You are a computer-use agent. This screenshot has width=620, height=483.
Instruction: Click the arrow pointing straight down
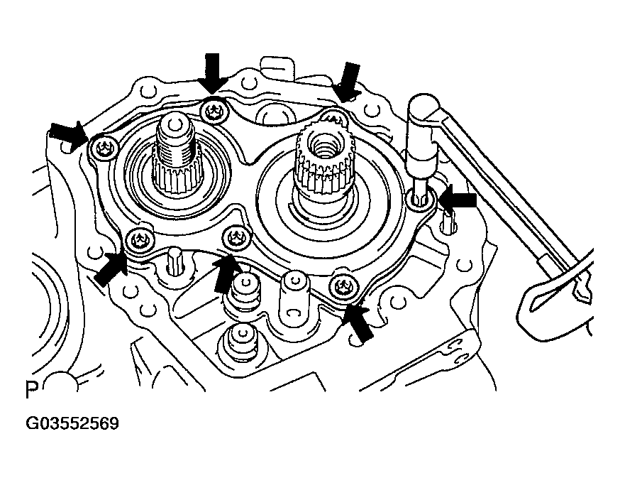point(213,73)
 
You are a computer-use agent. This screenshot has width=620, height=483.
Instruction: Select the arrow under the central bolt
point(226,273)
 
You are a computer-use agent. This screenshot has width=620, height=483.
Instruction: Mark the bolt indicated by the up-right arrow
point(139,240)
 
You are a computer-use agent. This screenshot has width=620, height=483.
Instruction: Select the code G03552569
point(72,423)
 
